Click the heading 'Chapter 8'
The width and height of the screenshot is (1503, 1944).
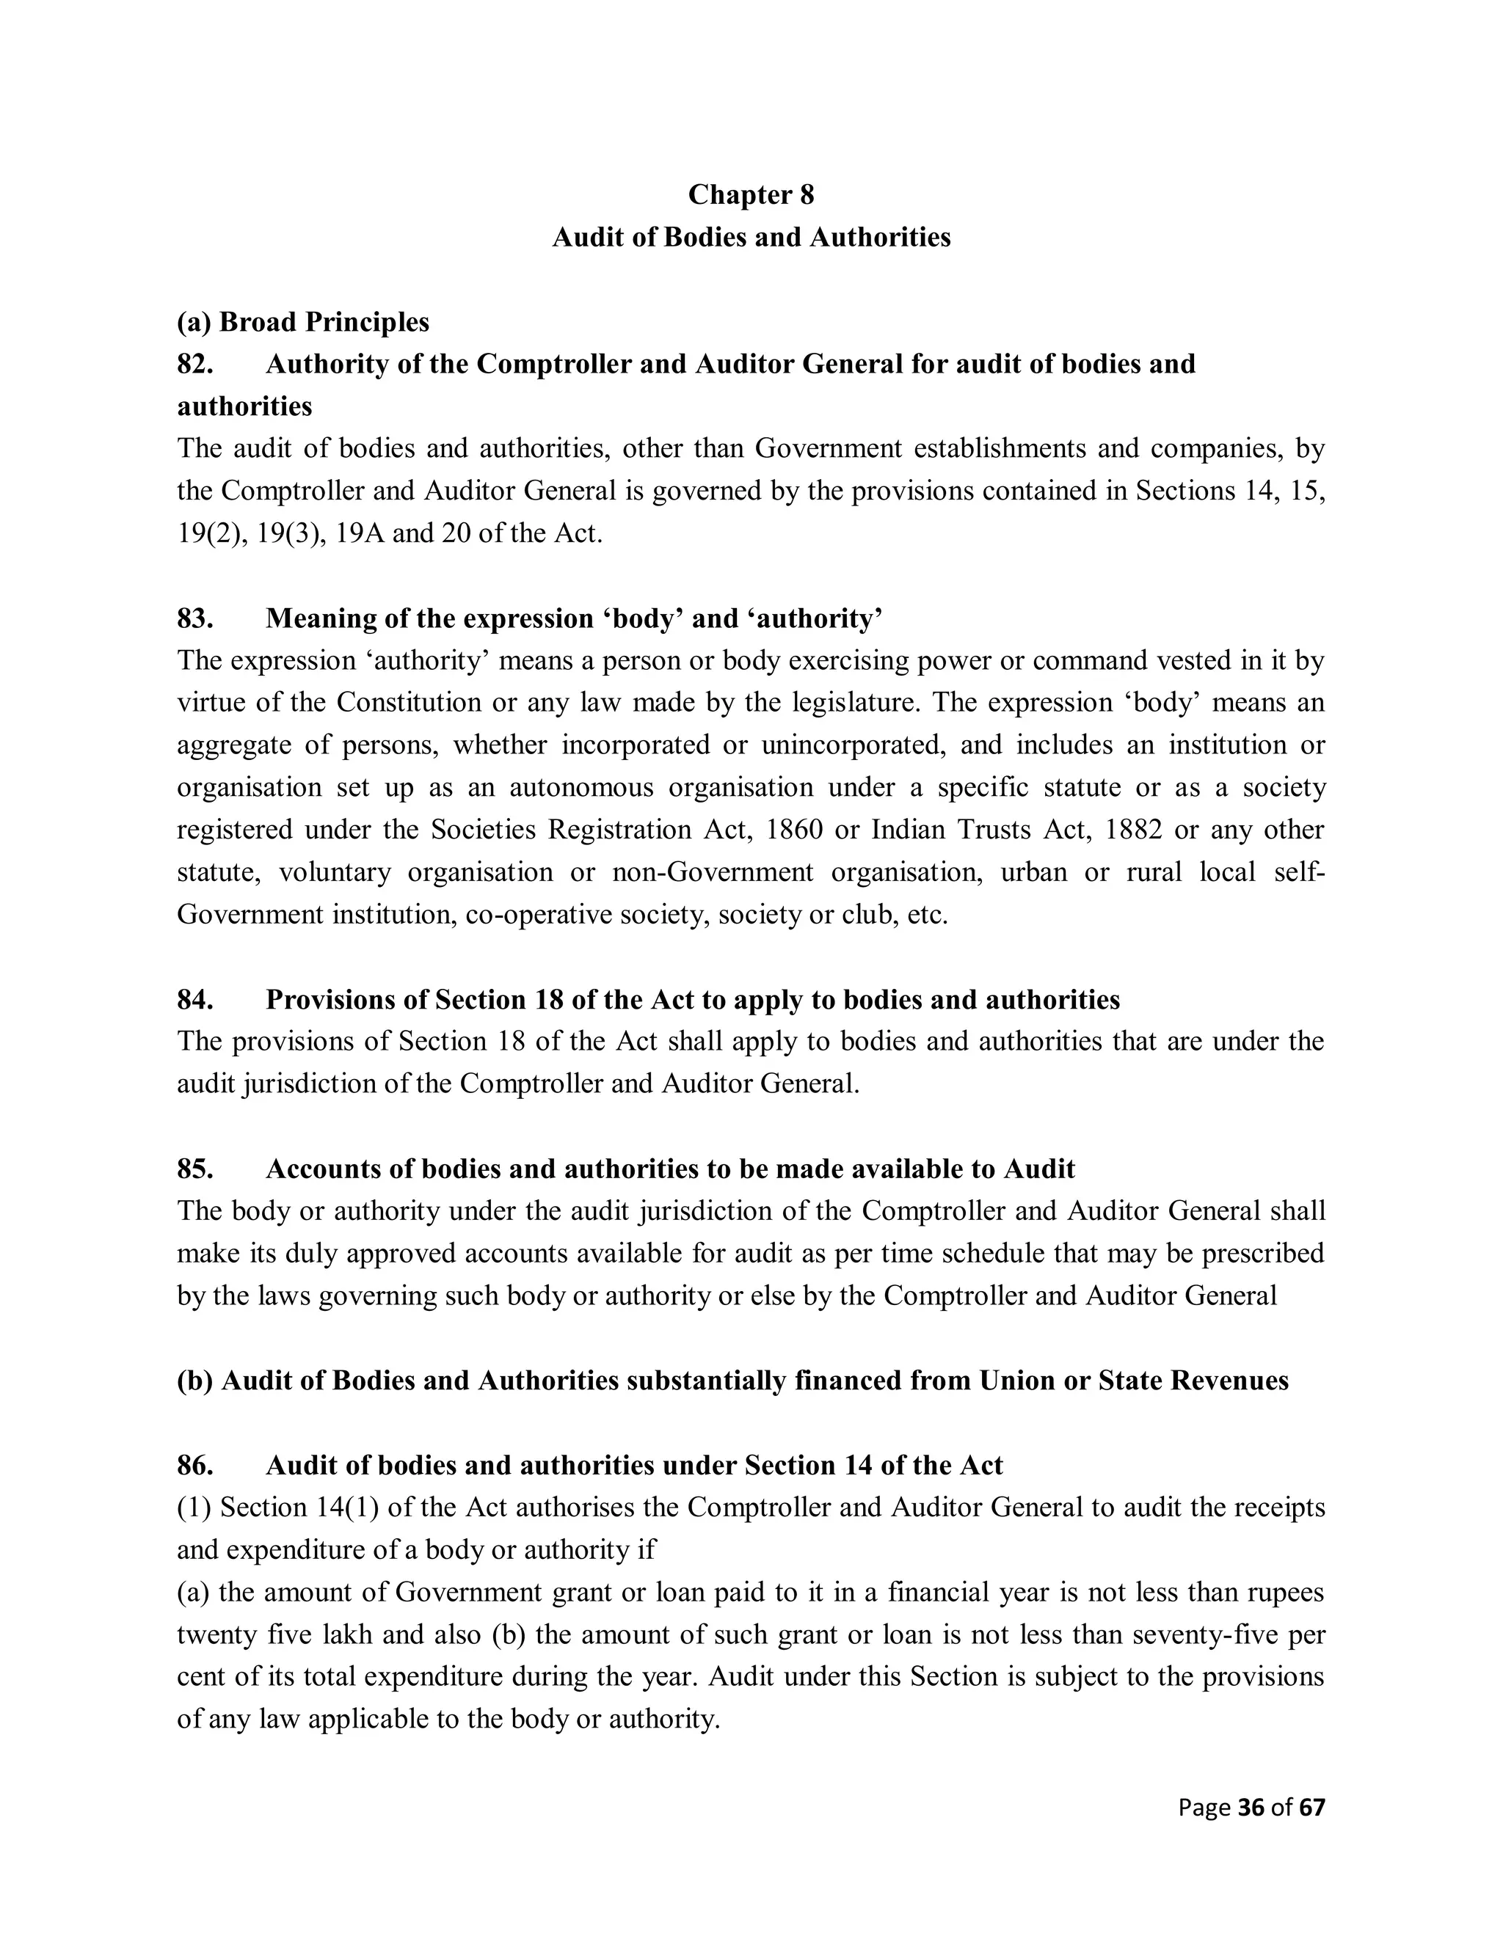(x=751, y=194)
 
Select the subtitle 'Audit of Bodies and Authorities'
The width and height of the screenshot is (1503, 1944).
(x=751, y=237)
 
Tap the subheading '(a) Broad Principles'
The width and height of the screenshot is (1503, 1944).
(x=303, y=321)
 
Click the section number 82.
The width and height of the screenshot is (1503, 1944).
(x=195, y=364)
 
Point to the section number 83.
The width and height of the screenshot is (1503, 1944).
(x=195, y=618)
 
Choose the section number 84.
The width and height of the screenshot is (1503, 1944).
(x=195, y=1000)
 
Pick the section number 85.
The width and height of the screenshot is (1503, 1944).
(x=195, y=1169)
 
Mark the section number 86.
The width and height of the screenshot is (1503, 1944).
(x=195, y=1465)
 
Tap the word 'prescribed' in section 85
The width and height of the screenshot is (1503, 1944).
(x=1262, y=1253)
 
